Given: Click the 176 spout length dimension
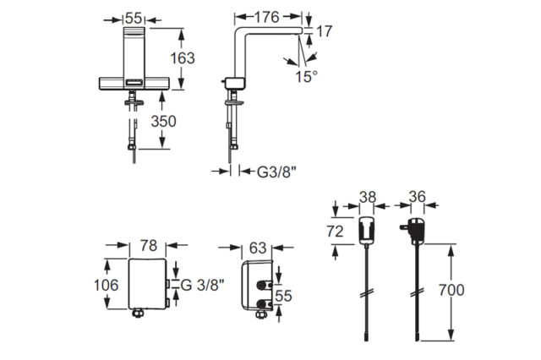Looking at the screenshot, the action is coord(266,17).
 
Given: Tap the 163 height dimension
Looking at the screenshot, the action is coord(183,58).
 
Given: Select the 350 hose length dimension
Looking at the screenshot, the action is coord(163,121).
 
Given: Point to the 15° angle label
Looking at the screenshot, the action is coord(306,76).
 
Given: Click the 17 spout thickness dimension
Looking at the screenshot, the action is coord(324,31).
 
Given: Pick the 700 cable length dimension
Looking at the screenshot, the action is coord(451,290).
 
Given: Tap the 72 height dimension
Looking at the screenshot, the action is coord(335,232).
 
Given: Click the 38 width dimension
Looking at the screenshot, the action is coord(368,197).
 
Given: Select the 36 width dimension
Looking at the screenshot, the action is coord(417,197).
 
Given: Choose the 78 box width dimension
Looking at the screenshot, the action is coord(149,246).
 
